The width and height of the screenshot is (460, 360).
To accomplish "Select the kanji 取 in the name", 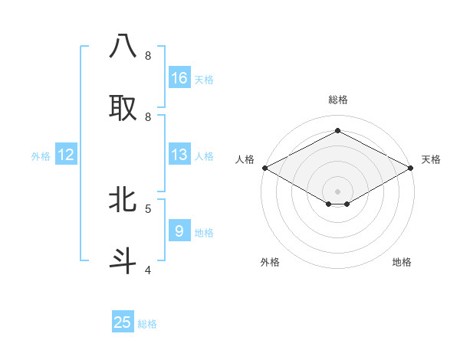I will tap(123, 107).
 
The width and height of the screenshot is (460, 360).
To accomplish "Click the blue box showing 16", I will tap(179, 78).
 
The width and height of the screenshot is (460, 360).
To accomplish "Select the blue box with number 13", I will tap(179, 155).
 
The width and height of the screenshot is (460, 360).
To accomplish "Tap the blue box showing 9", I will tap(179, 231).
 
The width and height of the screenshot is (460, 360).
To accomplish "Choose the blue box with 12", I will tap(66, 155).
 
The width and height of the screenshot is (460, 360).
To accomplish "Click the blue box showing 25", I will tap(123, 322).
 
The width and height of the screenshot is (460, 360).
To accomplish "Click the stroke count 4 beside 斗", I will tap(148, 270).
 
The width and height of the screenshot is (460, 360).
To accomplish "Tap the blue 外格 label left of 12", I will tap(41, 156).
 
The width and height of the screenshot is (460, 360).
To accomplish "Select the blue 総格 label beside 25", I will tap(147, 324).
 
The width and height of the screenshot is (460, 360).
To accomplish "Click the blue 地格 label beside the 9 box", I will tap(204, 233).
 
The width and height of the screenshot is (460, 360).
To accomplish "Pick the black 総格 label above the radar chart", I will tap(337, 100).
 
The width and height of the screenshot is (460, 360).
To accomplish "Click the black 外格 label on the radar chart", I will tap(270, 262).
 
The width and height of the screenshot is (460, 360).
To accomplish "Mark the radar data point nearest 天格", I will tap(412, 168).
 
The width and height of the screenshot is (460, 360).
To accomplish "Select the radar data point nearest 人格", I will tap(264, 168).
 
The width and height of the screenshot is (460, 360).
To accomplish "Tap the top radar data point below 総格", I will tap(337, 131).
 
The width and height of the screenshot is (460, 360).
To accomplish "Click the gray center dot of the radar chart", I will tap(337, 191).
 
